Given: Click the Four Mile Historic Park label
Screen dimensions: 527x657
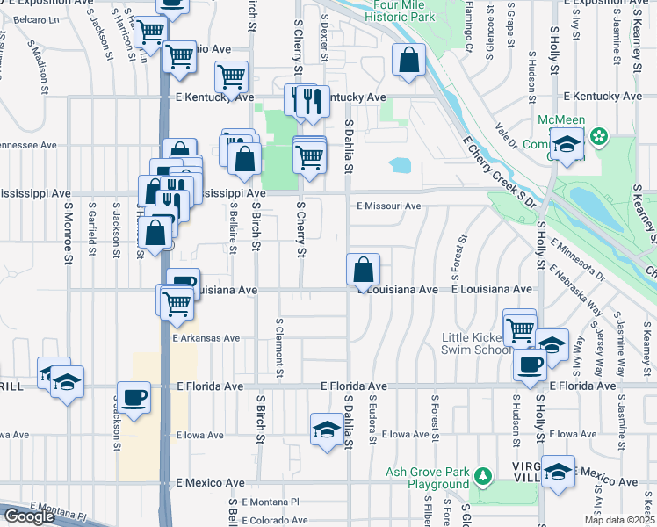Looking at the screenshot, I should tap(401, 10).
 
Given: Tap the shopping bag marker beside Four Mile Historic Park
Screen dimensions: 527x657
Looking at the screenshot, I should tap(408, 61).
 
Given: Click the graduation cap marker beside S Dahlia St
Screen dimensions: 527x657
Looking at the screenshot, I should tap(327, 430).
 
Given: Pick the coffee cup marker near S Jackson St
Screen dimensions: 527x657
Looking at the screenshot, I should tap(134, 397).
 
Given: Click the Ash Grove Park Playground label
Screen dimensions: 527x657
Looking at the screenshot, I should tap(428, 478).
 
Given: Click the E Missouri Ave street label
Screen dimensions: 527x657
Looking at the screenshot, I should tap(388, 206).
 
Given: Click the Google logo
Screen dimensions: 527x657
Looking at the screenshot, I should tap(29, 516).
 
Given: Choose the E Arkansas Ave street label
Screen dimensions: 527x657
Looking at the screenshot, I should tap(206, 337).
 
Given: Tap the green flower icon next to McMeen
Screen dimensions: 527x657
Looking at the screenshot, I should tap(599, 137).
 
